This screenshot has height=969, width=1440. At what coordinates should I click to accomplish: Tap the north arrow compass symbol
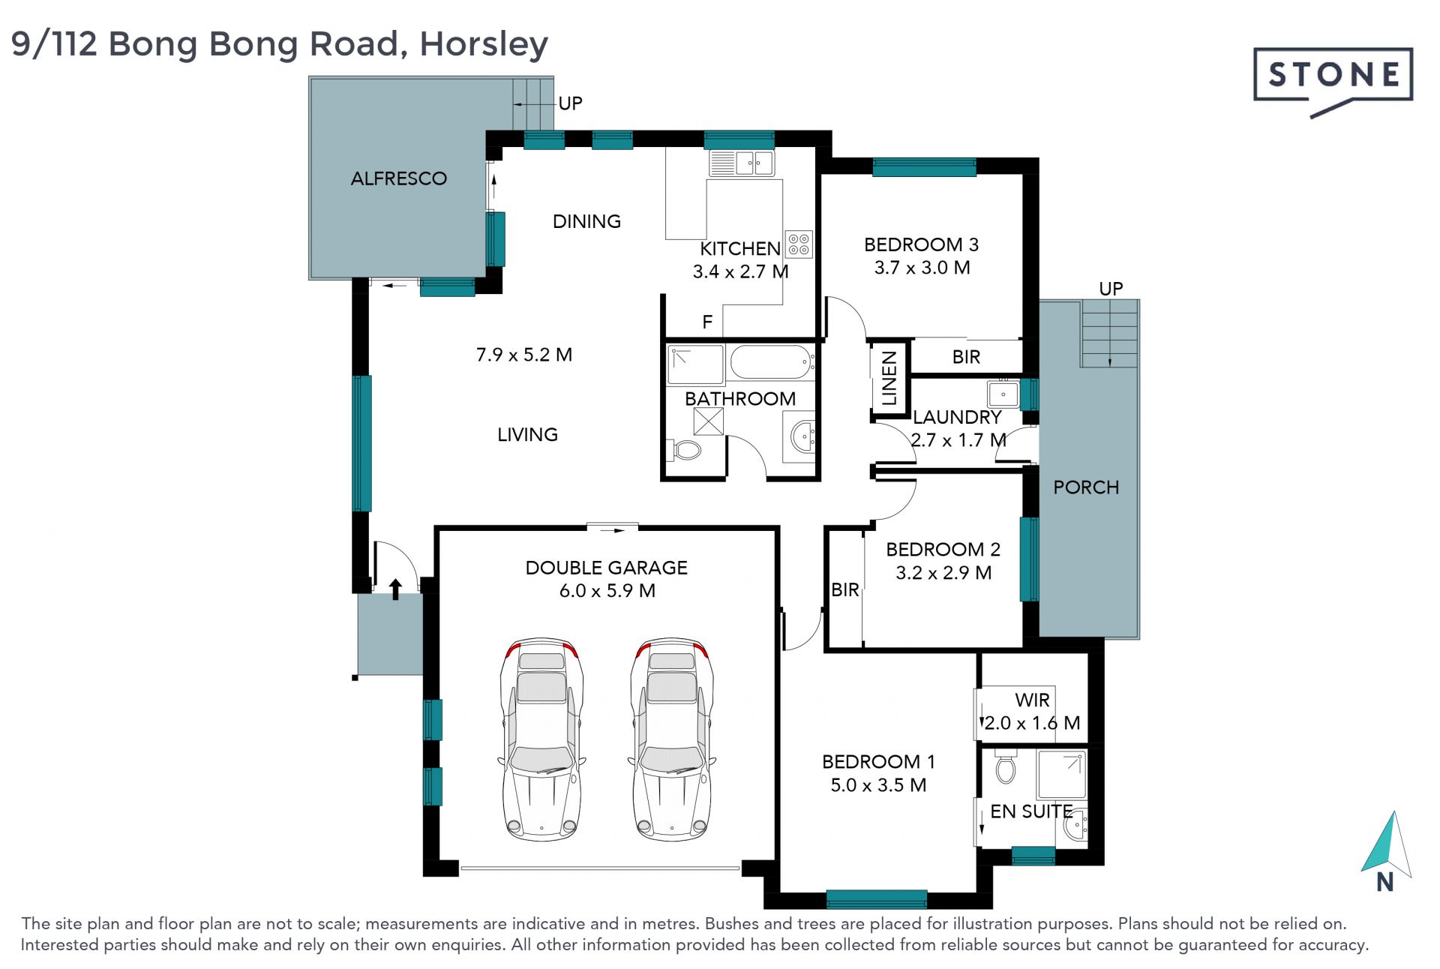(x=1387, y=851)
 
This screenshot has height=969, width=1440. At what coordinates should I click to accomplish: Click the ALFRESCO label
(x=399, y=178)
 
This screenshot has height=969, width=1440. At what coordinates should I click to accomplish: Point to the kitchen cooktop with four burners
(x=799, y=244)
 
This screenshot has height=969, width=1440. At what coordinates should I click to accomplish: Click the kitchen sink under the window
(x=741, y=163)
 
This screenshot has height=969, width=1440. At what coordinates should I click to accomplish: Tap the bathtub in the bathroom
(x=772, y=362)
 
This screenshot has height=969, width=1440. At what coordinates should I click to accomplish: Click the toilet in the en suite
(x=1005, y=766)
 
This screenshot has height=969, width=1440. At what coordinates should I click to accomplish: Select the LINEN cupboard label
(x=889, y=378)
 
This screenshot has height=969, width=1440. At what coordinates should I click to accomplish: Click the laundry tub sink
(x=1003, y=393)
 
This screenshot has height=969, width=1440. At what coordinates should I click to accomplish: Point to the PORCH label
(x=1086, y=487)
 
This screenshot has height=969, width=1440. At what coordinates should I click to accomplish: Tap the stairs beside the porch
(x=1110, y=334)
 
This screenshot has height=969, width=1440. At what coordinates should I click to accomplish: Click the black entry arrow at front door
(x=395, y=589)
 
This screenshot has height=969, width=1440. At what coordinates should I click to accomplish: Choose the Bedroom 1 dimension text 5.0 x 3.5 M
(x=878, y=785)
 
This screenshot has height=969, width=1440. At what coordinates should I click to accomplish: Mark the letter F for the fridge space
(x=707, y=322)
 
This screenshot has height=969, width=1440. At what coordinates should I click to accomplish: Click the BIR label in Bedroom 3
(x=966, y=357)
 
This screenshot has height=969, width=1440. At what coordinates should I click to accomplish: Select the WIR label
(x=1032, y=700)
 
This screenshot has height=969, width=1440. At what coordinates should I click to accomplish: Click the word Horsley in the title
(x=484, y=44)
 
